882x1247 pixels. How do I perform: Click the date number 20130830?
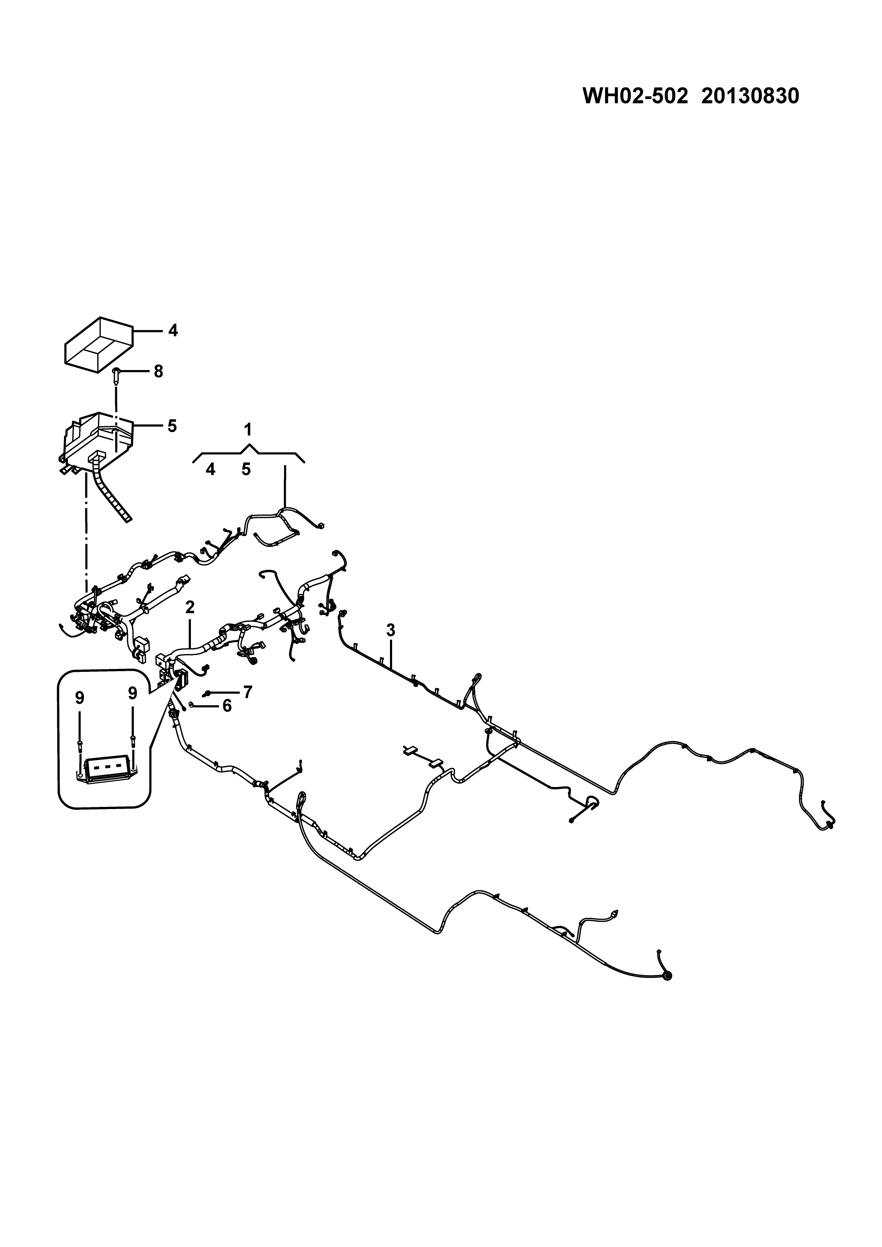tap(750, 97)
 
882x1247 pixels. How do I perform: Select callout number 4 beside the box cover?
tap(173, 330)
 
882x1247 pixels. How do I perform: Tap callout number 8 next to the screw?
tap(158, 372)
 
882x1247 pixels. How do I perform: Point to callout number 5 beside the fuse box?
tap(172, 426)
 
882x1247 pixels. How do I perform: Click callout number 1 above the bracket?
tap(248, 430)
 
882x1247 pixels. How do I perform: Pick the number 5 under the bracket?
tap(246, 469)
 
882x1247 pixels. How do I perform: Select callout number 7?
tap(248, 692)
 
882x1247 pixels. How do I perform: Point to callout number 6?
tap(226, 706)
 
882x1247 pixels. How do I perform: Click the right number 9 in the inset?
tap(133, 693)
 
